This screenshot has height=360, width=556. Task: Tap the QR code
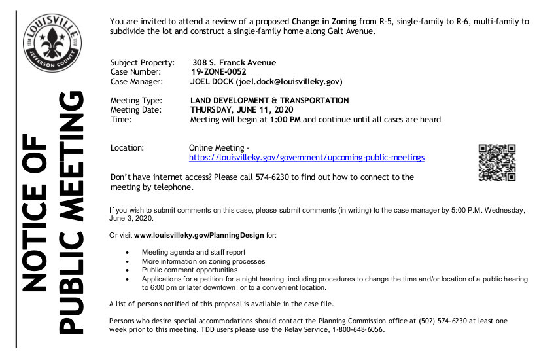coord(497,162)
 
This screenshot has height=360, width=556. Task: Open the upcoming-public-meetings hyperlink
coord(307,158)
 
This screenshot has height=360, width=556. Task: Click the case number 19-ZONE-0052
coord(218,72)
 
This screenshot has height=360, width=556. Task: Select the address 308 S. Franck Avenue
coord(234,63)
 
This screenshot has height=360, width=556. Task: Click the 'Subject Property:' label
coord(143,63)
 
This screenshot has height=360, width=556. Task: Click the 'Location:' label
coord(128,148)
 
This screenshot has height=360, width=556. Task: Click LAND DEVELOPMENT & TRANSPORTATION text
coord(269,101)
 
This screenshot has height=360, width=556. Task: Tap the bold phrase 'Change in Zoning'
coord(324,22)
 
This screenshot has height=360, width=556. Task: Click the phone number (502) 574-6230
coord(424,321)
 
